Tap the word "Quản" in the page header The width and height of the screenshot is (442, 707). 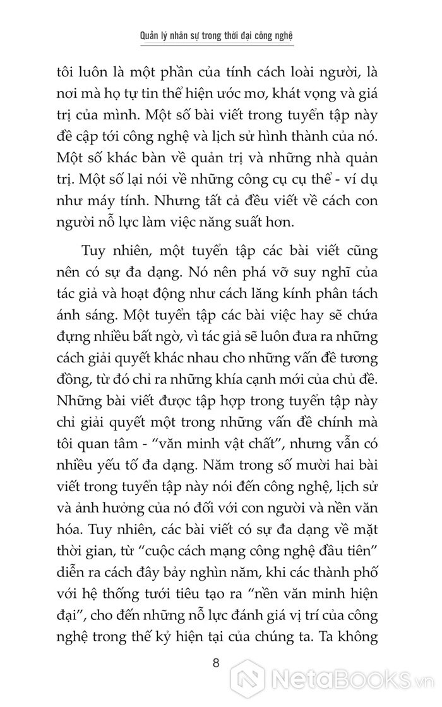[x=152, y=36]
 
